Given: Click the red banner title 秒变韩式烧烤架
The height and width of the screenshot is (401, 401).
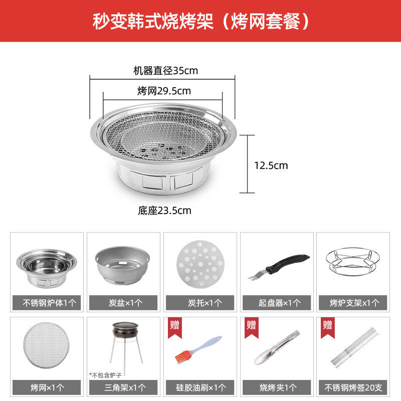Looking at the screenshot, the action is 153,22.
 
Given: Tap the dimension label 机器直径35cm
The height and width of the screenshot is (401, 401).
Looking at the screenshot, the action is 165,71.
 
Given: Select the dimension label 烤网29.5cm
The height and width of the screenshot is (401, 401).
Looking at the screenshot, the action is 164,91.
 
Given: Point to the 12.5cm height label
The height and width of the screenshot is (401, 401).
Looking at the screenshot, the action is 271,165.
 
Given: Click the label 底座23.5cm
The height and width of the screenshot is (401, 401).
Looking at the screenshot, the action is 164,211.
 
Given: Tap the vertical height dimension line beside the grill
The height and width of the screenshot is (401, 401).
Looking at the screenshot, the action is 247,164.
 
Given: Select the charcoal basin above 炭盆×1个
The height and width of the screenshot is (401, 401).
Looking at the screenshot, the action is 122,266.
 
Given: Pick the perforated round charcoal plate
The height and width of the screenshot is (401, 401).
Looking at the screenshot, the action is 200,264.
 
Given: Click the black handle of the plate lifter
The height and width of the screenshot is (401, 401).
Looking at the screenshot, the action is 288,263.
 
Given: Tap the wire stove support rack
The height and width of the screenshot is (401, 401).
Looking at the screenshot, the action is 353,261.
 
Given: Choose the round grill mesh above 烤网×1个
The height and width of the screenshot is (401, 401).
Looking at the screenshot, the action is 46,345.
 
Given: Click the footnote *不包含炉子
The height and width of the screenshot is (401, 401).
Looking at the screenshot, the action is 105,375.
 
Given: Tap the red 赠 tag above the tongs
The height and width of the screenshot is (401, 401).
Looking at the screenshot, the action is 252,327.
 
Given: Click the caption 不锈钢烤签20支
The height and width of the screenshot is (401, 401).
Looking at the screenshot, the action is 353,387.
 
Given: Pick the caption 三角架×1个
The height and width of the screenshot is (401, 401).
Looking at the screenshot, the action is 125,387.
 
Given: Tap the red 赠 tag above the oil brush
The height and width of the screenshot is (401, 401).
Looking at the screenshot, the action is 174,327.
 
